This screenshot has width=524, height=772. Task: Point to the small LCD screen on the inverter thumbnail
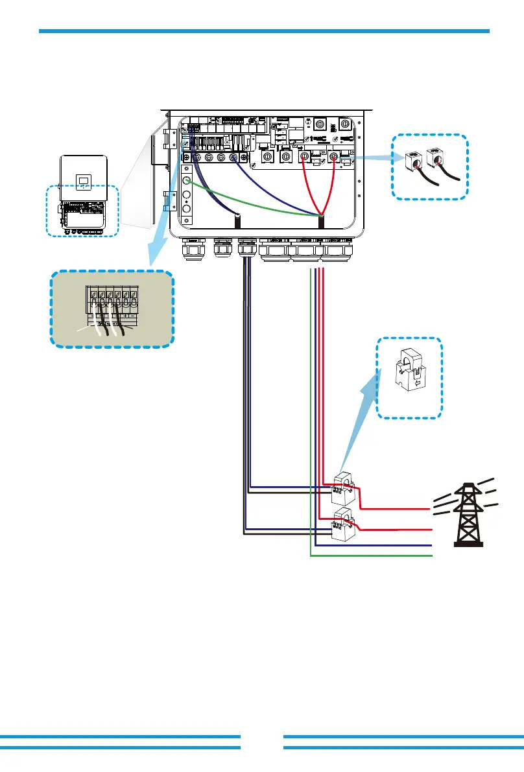[84, 183]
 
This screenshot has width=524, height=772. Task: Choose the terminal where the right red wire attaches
[333, 156]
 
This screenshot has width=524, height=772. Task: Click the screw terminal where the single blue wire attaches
[232, 157]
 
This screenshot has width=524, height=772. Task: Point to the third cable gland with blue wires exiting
[246, 248]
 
